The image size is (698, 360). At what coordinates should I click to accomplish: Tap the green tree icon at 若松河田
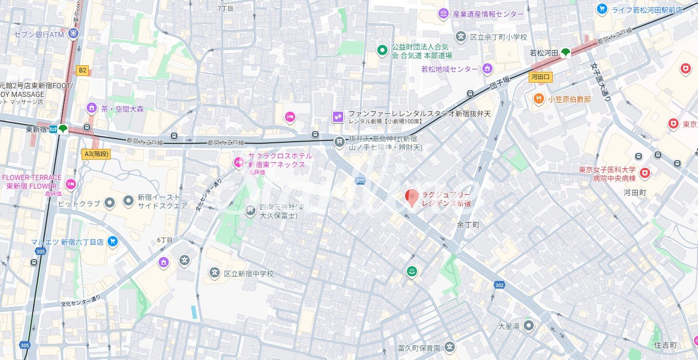click(x=565, y=52)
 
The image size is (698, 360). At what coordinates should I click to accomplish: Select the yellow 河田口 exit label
click(x=540, y=78)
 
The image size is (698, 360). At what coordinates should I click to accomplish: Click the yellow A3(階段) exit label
click(x=96, y=153)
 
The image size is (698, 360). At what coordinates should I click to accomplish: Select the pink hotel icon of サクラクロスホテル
click(x=238, y=163)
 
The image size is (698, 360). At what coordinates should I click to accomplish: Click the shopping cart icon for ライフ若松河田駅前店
click(x=602, y=9)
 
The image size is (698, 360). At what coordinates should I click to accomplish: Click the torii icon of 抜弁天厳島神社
click(x=340, y=143)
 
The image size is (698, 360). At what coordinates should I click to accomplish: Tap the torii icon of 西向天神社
click(x=250, y=211)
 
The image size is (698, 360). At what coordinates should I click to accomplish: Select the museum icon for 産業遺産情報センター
click(x=443, y=14)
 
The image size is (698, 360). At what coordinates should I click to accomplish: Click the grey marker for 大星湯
click(x=529, y=325)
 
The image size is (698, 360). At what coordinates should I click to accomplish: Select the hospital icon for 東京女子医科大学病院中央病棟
click(x=645, y=174)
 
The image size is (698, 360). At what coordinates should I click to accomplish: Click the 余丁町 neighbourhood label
click(x=468, y=224)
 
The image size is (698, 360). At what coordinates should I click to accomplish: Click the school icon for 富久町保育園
click(x=449, y=348)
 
